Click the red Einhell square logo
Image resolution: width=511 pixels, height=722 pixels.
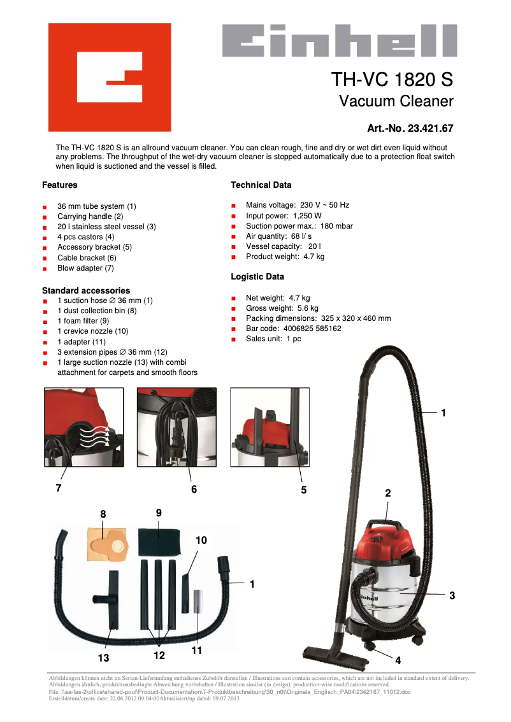coord(110,77)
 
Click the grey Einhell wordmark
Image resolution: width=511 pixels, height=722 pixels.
coord(339,40)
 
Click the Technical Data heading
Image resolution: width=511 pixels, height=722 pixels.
coord(261,185)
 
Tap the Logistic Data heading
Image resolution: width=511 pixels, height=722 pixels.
coord(257,277)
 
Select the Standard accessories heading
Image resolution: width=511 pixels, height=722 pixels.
coord(85,290)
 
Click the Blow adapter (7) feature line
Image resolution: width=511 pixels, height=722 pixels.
coord(85,268)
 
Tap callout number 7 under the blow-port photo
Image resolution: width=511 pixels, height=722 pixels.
coord(59,488)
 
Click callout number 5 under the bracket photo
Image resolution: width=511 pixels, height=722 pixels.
coord(304,490)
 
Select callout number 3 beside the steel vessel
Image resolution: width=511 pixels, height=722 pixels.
coord(452,595)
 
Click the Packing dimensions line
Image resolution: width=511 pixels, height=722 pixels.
coord(318,318)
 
